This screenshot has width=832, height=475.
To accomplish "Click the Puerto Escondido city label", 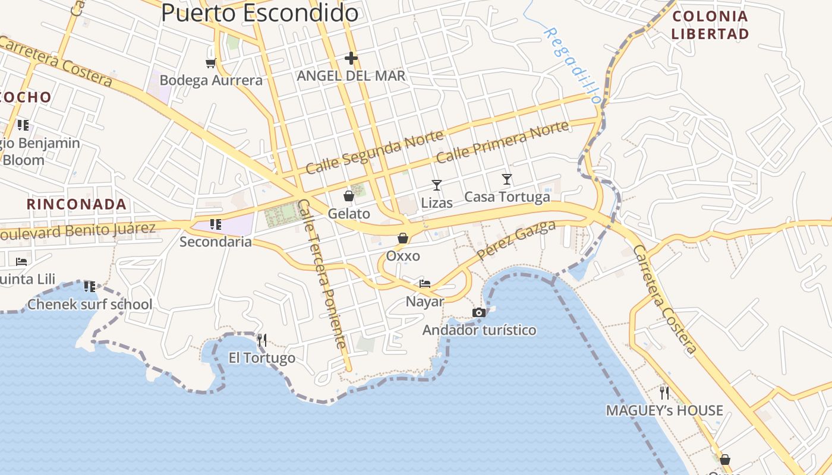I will pyautogui.click(x=260, y=12).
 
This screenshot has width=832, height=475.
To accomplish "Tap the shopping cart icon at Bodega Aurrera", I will pyautogui.click(x=210, y=63).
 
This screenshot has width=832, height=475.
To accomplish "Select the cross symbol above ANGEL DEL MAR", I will pyautogui.click(x=351, y=58).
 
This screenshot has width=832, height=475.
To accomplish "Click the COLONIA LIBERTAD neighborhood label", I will pyautogui.click(x=710, y=25).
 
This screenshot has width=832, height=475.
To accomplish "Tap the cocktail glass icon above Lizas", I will pyautogui.click(x=437, y=185).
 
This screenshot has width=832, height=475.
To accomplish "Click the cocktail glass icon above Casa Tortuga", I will pyautogui.click(x=507, y=179).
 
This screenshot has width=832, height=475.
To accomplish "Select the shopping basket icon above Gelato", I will pyautogui.click(x=349, y=195).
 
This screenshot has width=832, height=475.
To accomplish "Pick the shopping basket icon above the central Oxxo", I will pyautogui.click(x=403, y=238).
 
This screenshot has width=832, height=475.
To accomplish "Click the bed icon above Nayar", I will pyautogui.click(x=425, y=283).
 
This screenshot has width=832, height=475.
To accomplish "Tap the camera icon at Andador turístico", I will pyautogui.click(x=479, y=312).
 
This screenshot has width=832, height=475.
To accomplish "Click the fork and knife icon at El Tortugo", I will pyautogui.click(x=261, y=340).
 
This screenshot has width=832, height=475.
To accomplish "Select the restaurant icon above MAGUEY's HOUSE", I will pyautogui.click(x=664, y=392).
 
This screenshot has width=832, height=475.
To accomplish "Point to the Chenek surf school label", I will pyautogui.click(x=90, y=305).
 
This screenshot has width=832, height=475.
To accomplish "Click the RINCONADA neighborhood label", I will pyautogui.click(x=77, y=204).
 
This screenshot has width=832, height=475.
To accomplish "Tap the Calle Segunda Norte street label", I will pyautogui.click(x=374, y=153).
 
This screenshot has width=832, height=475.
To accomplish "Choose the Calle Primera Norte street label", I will pyautogui.click(x=503, y=142).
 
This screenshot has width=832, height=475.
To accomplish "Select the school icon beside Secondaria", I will pyautogui.click(x=216, y=224).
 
